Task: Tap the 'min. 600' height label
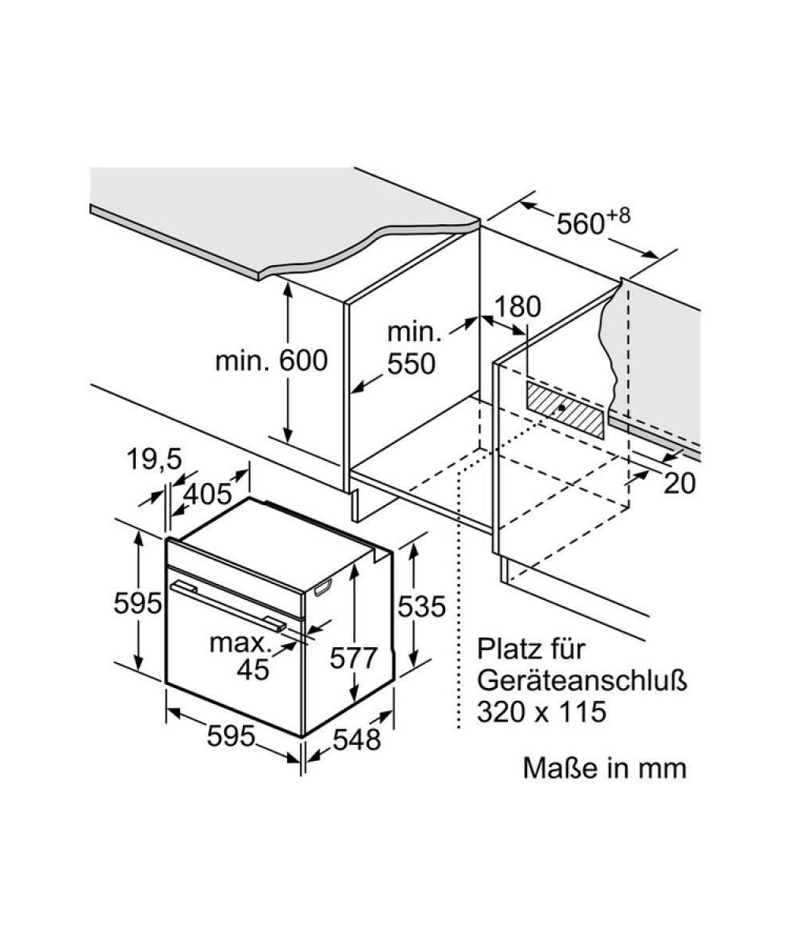pos(271,361)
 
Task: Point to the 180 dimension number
pos(519,307)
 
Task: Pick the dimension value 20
pos(679,483)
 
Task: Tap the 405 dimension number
pos(207,494)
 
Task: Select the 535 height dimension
pos(421,606)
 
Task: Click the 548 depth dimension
pos(356,739)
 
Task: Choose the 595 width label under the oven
pos(231,736)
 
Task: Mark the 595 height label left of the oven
pos(137,604)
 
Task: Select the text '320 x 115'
pos(541,712)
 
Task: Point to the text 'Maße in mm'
pos(604,768)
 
